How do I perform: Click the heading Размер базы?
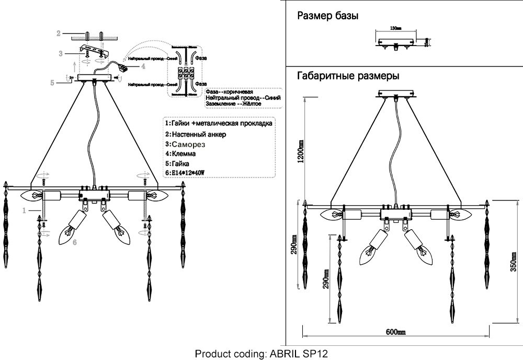(327, 16)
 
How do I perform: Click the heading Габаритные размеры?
(348, 76)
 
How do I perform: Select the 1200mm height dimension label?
(301, 152)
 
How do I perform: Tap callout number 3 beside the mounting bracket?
(61, 53)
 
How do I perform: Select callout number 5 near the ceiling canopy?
(52, 82)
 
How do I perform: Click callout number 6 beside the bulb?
(74, 242)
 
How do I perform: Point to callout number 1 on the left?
(24, 210)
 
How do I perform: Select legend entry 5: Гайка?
(178, 163)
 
